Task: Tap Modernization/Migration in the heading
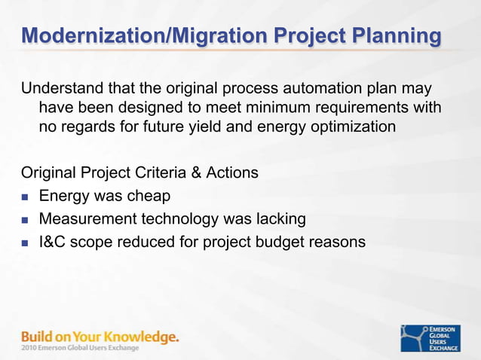(133, 35)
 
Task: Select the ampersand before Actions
(195, 173)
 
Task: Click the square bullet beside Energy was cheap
(25, 197)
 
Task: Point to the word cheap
(149, 197)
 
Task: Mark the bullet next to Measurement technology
(25, 221)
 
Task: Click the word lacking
(279, 219)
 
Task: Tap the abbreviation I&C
(54, 242)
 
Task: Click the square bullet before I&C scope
(25, 243)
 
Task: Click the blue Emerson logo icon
(414, 338)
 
